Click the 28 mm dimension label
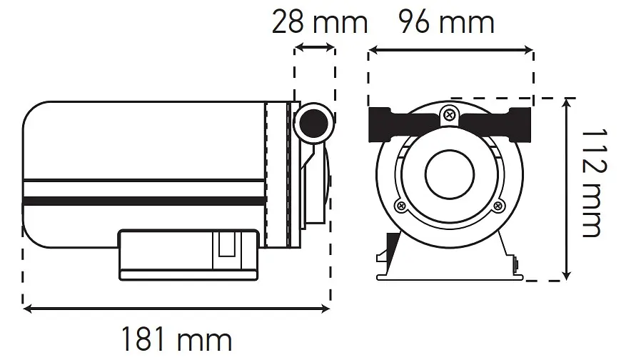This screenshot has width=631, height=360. pyautogui.click(x=320, y=22)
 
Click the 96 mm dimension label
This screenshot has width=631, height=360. pyautogui.click(x=446, y=22)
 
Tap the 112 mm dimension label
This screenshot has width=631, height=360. pyautogui.click(x=594, y=184)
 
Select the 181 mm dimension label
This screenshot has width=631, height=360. pyautogui.click(x=176, y=340)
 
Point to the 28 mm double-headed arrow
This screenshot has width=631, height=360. pyautogui.click(x=315, y=48)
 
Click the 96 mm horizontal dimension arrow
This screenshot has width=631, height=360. pyautogui.click(x=450, y=50)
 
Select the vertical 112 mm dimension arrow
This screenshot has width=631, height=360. pyautogui.click(x=567, y=189)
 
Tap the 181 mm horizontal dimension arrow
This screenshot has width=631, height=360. pyautogui.click(x=176, y=309)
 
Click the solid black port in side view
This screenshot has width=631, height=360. pyautogui.click(x=313, y=124)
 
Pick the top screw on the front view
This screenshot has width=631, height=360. pyautogui.click(x=450, y=116)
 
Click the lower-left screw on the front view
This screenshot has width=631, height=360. pyautogui.click(x=401, y=206)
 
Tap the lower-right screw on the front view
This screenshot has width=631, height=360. pyautogui.click(x=499, y=206)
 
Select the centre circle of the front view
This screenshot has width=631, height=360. pyautogui.click(x=450, y=175)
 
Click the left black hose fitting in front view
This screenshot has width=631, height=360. pyautogui.click(x=403, y=124)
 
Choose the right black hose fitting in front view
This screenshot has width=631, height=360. pyautogui.click(x=497, y=124)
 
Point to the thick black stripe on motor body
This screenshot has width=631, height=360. pyautogui.click(x=144, y=201)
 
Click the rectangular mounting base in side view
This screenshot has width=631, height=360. pyautogui.click(x=188, y=255)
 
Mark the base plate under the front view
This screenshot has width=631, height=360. pyautogui.click(x=450, y=277)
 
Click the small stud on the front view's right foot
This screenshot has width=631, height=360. pyautogui.click(x=515, y=264)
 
